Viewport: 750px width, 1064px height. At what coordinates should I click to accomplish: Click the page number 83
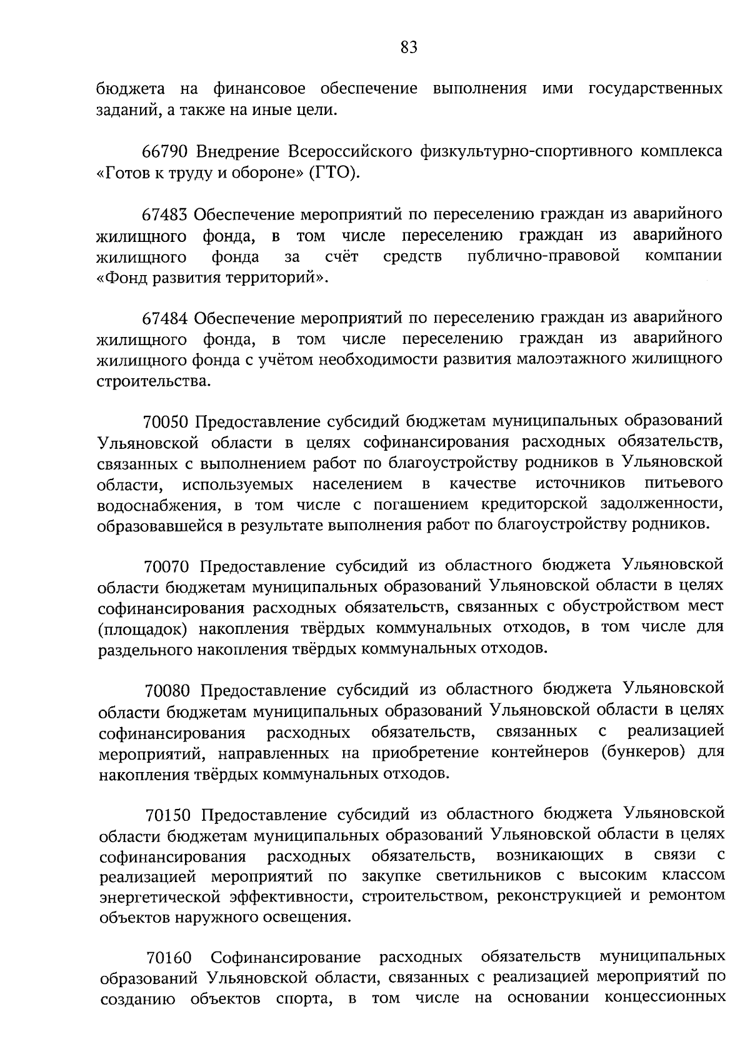pos(408,48)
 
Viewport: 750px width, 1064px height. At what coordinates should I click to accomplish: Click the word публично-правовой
pos(543,256)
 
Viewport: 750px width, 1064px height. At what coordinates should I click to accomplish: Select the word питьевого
pos(684,484)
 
